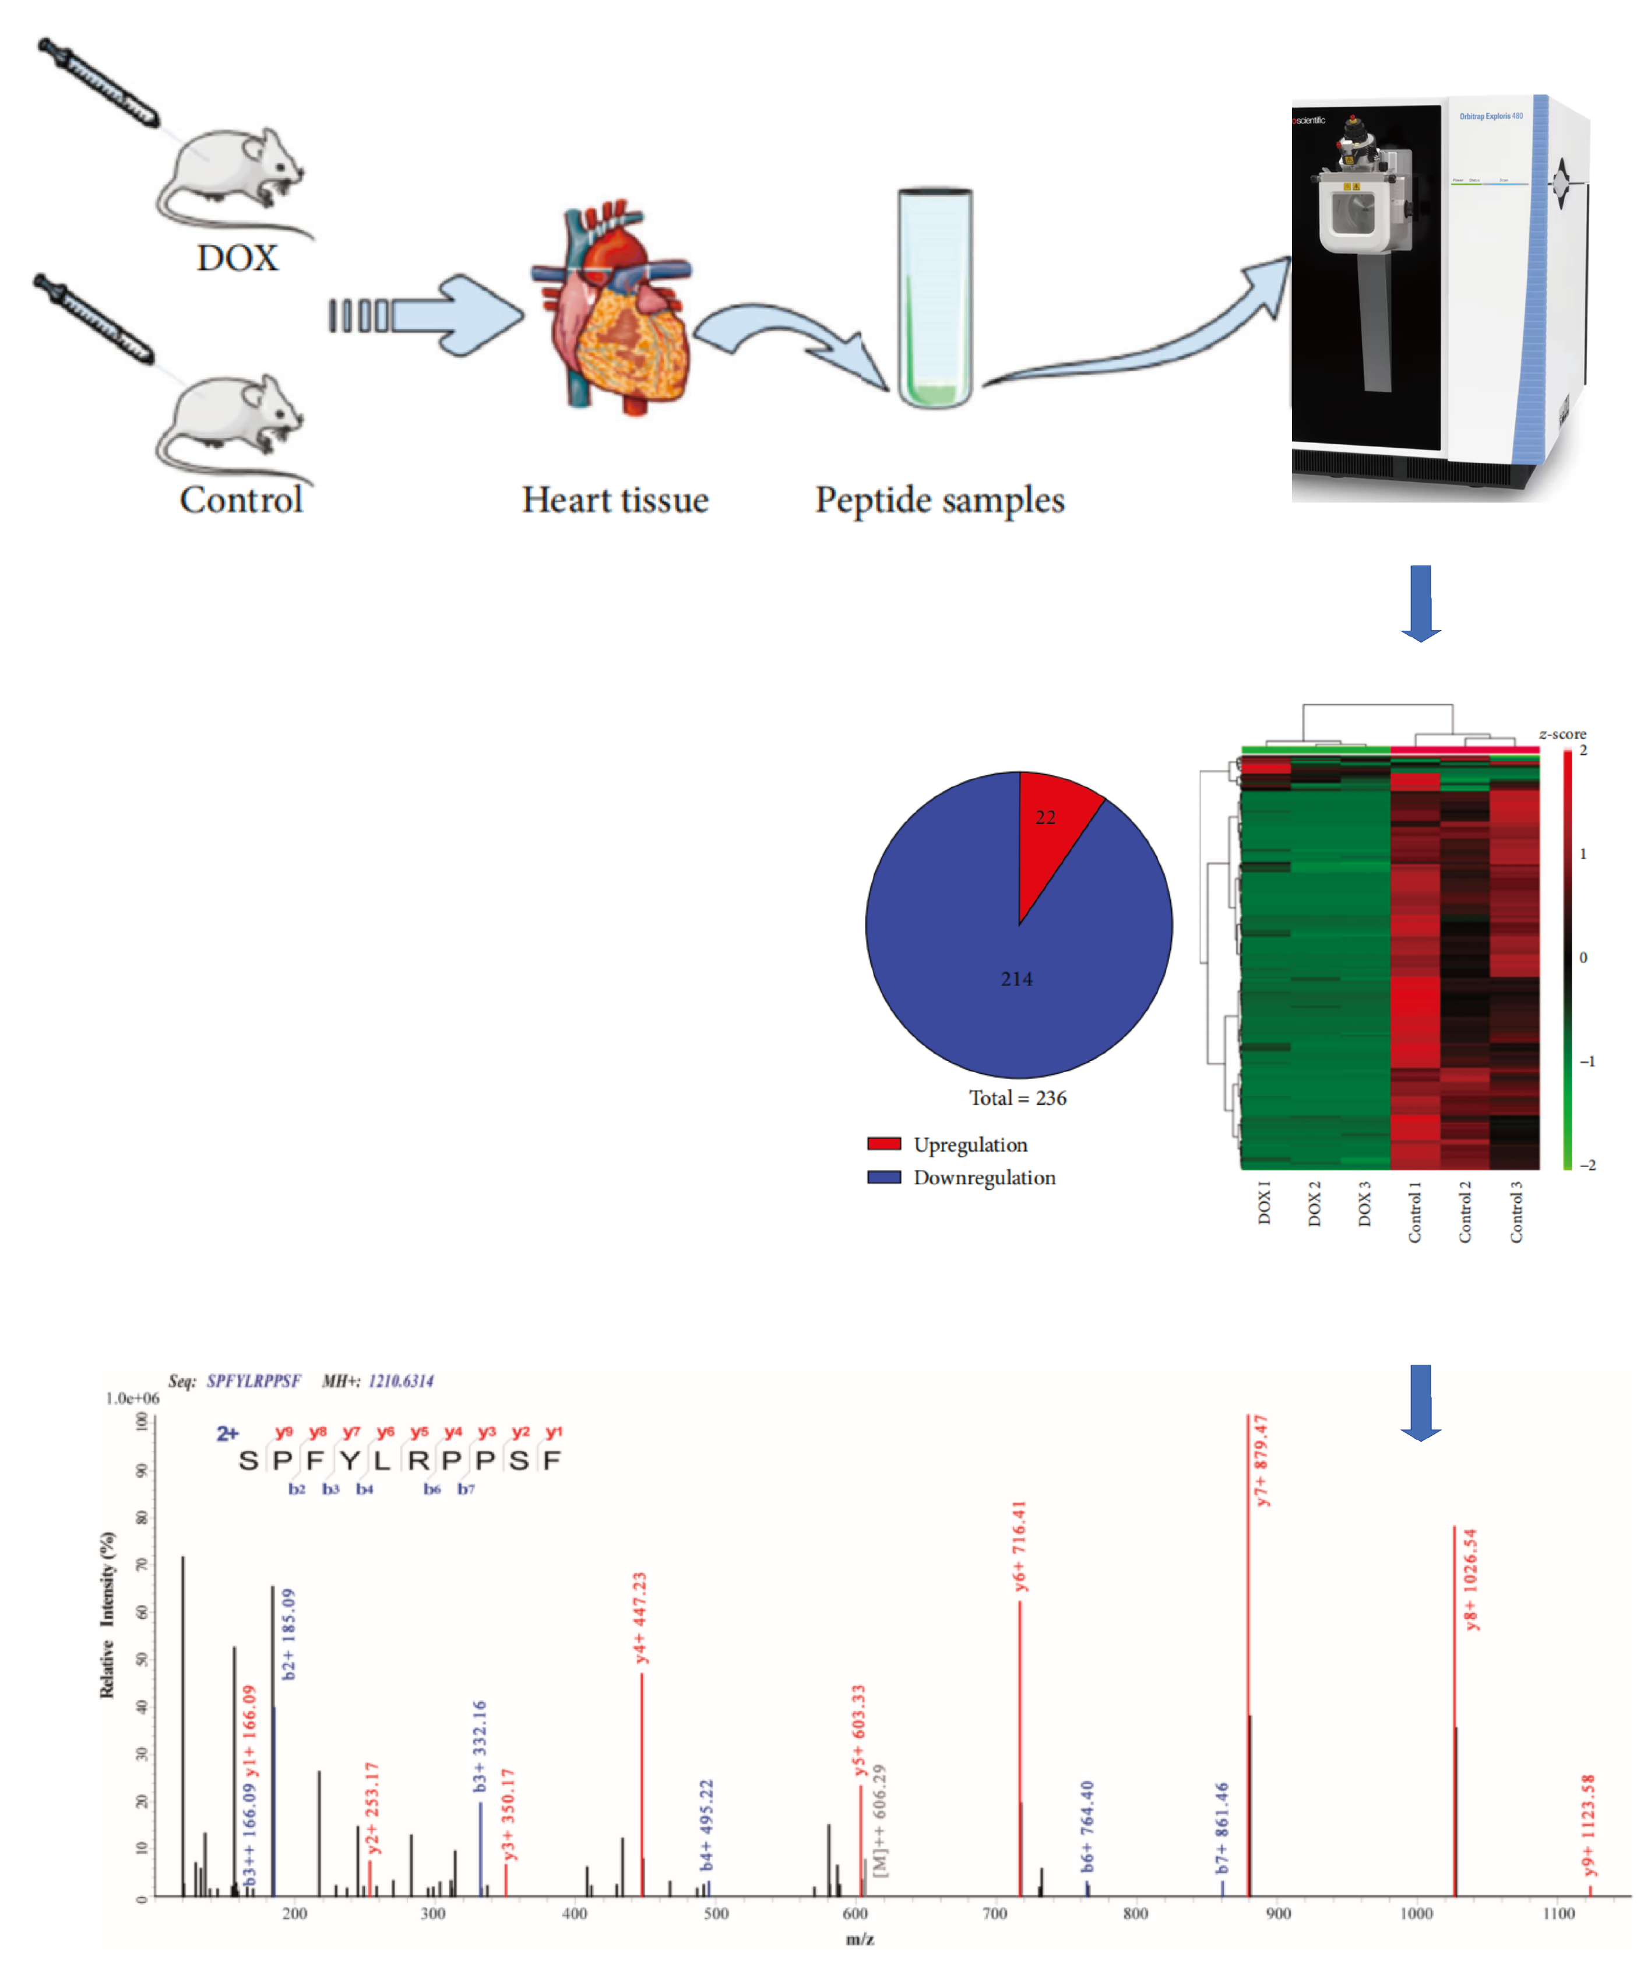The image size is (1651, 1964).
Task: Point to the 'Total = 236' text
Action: [x=1018, y=1098]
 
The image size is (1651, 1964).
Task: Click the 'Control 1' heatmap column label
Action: [x=1414, y=1213]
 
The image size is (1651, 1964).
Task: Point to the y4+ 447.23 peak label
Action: [x=640, y=1618]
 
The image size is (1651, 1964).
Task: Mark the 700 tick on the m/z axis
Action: [x=995, y=1913]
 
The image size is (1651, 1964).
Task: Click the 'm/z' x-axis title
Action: [x=859, y=1939]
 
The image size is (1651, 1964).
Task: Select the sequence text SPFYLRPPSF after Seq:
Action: [x=254, y=1381]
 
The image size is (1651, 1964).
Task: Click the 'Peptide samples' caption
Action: [x=939, y=500]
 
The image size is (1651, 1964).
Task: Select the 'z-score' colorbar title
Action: [x=1562, y=734]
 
